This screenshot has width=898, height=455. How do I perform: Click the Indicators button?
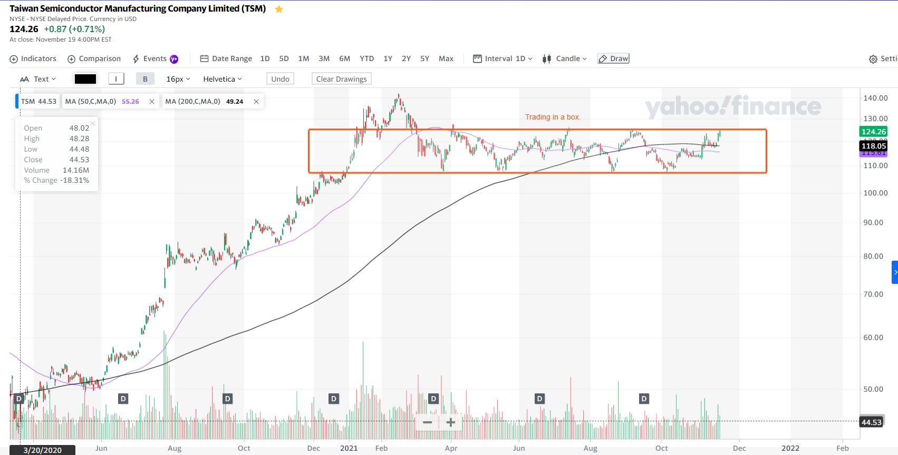tap(33, 59)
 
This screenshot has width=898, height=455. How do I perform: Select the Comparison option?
tap(94, 59)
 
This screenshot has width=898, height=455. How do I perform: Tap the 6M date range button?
tap(344, 59)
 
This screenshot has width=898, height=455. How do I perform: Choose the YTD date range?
tap(366, 59)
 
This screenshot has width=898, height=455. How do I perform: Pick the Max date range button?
tap(446, 59)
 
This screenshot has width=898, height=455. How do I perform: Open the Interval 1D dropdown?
tap(503, 59)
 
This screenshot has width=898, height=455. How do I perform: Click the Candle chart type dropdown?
tap(565, 59)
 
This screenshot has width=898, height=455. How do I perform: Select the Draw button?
tap(613, 59)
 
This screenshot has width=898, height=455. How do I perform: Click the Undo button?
tap(280, 79)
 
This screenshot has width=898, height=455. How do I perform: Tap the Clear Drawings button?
tap(341, 79)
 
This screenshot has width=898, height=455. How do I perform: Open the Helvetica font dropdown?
tap(222, 79)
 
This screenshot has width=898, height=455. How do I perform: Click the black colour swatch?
tap(85, 79)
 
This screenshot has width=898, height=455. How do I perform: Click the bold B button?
tap(145, 79)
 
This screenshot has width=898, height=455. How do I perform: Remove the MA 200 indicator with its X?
tap(256, 102)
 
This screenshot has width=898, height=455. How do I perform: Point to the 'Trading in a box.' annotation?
tap(552, 117)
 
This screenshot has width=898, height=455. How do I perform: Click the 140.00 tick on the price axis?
tap(875, 98)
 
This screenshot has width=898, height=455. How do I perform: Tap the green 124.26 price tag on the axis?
tap(873, 132)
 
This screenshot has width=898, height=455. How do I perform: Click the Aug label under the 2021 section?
tap(590, 448)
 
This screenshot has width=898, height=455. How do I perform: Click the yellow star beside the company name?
tap(279, 9)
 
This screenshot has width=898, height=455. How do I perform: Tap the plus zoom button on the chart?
tap(450, 422)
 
